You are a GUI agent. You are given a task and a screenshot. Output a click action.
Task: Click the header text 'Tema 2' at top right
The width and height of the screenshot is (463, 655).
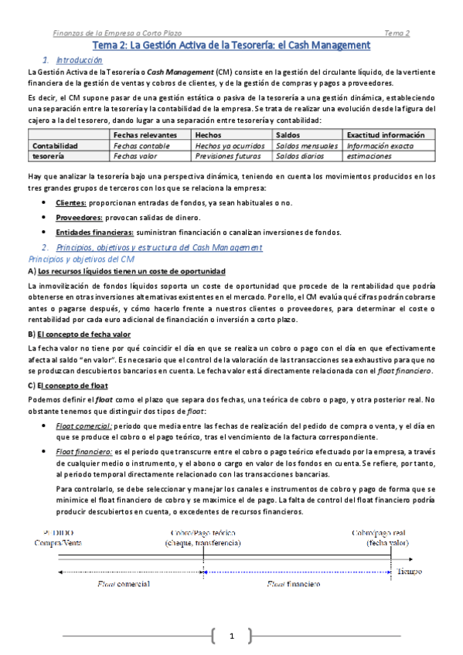(397, 33)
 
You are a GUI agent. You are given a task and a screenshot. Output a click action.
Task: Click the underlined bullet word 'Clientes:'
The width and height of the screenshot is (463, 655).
(72, 202)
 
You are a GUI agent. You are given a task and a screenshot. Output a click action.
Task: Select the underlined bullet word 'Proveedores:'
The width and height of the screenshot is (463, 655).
(80, 218)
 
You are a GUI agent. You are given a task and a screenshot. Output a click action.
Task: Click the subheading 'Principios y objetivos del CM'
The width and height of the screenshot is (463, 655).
(80, 259)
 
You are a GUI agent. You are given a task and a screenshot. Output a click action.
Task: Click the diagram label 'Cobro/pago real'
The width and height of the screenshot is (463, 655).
(377, 532)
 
